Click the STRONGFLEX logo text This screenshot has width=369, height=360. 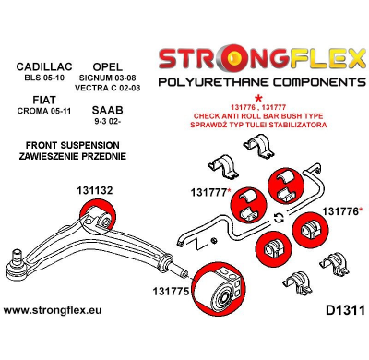[262, 63]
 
